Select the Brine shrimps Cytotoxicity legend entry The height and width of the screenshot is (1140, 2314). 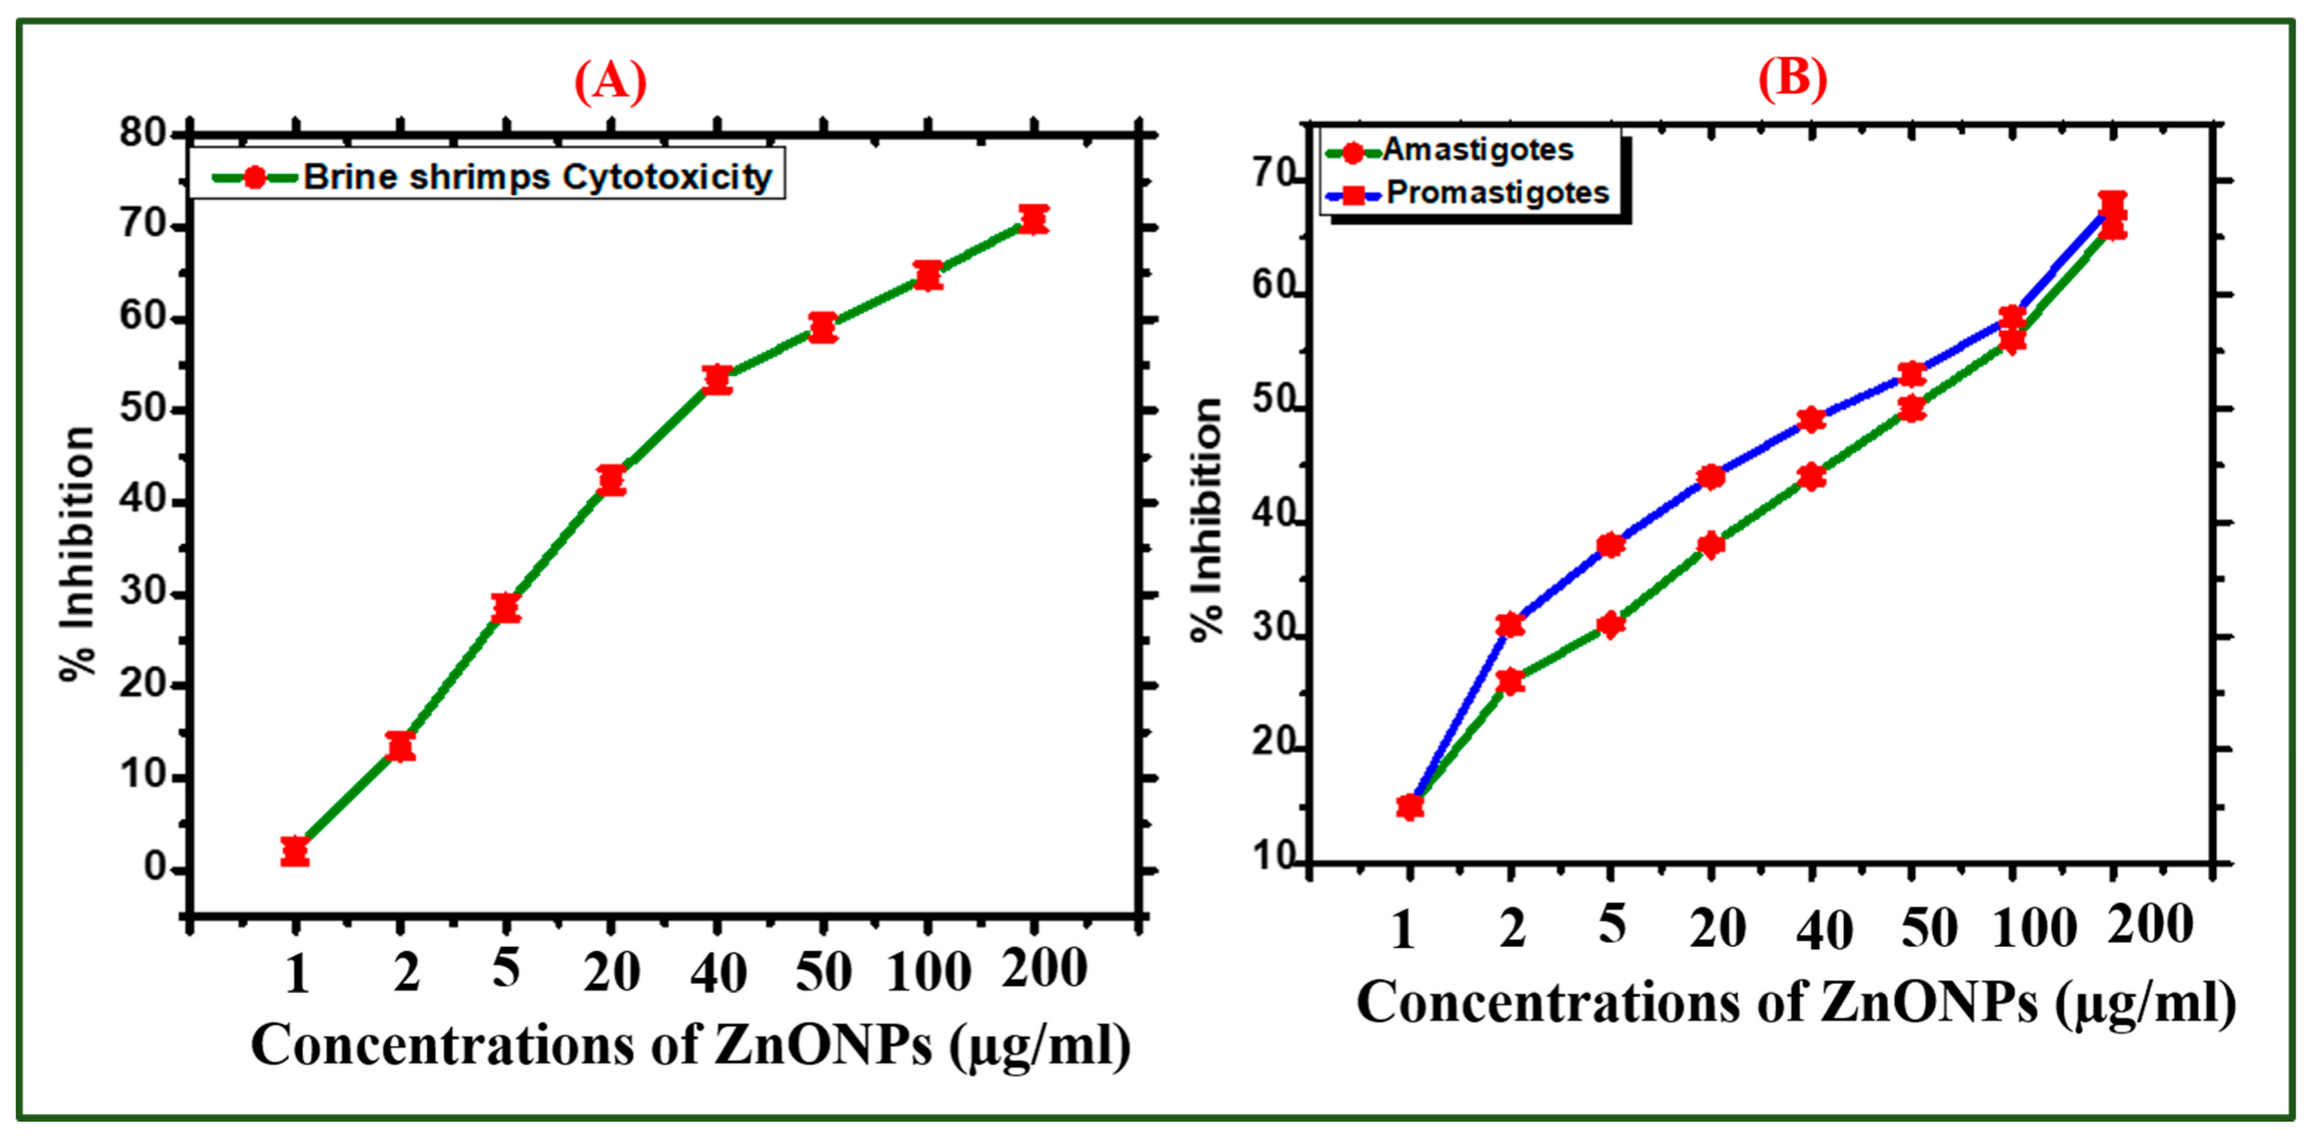click(x=536, y=177)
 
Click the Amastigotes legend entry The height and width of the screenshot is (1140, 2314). click(x=1477, y=150)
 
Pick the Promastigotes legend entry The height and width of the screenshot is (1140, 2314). click(x=1496, y=193)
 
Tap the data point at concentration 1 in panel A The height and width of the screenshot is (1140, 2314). click(x=295, y=851)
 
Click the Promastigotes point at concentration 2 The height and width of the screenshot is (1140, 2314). click(x=1511, y=624)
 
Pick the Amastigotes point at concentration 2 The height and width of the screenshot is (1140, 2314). click(x=1511, y=681)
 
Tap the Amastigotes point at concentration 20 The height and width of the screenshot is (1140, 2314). click(x=1711, y=544)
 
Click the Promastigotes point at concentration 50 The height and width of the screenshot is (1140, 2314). click(x=1911, y=374)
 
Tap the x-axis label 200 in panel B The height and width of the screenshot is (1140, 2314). click(x=2150, y=925)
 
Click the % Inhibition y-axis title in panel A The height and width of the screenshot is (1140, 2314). click(x=78, y=553)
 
